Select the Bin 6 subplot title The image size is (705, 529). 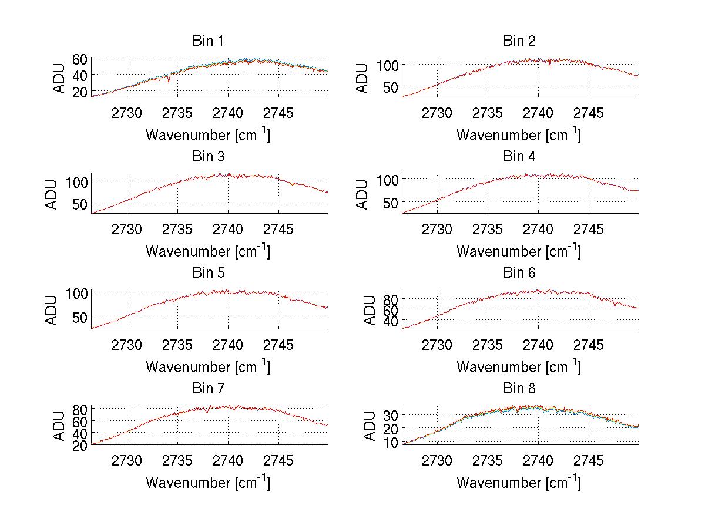point(519,273)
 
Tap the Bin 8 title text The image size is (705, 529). point(519,389)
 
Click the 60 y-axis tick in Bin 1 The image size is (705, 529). point(80,59)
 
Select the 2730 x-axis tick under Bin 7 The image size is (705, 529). point(127,461)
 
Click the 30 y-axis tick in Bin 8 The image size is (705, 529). point(391,415)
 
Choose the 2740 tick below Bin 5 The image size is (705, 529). point(228,345)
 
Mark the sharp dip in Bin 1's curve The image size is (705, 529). point(169,80)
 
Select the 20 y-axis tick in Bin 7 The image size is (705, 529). point(80,445)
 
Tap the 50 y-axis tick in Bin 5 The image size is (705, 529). point(80,316)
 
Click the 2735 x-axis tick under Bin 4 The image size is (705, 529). point(488,229)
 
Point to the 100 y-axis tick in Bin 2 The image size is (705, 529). point(388,64)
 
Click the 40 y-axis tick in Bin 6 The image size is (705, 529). point(391,321)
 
